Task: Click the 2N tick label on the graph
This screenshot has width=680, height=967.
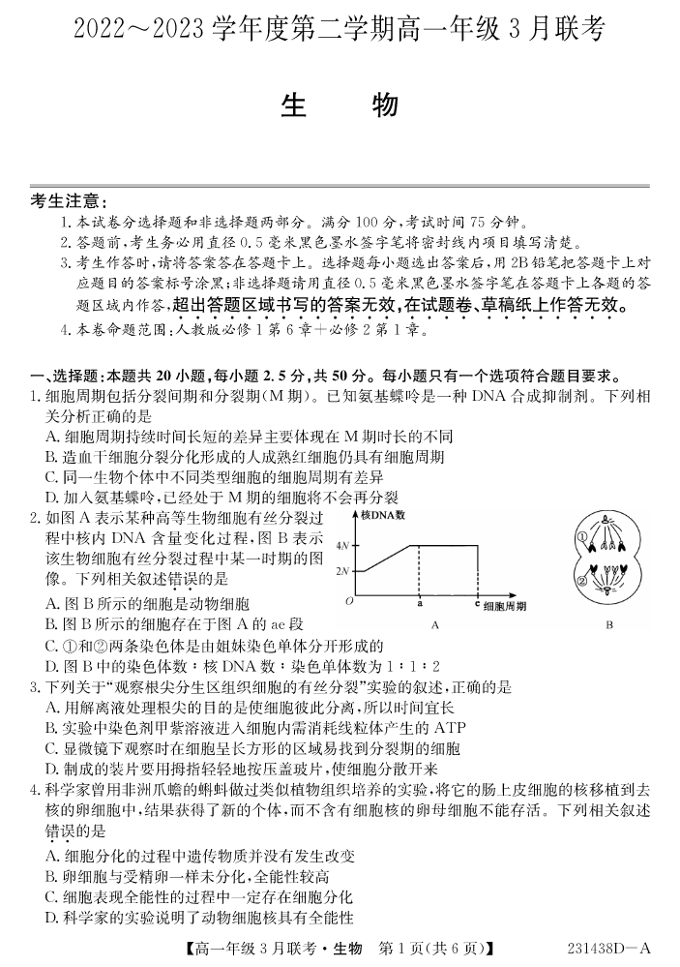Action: pos(341,572)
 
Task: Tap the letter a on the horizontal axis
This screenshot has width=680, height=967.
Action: pos(419,603)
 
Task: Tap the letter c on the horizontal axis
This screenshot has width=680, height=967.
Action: pos(477,603)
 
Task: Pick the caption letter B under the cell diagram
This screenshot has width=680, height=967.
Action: pos(609,625)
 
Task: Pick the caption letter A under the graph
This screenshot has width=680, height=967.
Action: pos(434,625)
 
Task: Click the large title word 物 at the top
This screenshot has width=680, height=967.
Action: pos(384,106)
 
